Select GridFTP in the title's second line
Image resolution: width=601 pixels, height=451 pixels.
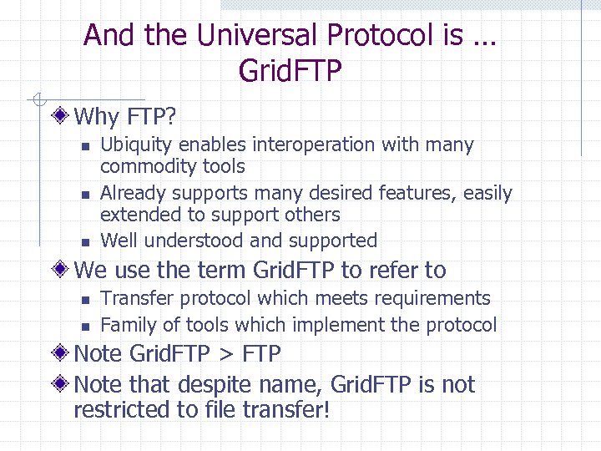(x=290, y=71)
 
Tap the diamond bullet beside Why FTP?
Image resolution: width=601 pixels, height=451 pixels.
(x=63, y=114)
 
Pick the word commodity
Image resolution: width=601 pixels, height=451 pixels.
(x=142, y=167)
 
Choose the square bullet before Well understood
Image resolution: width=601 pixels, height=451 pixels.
(x=84, y=242)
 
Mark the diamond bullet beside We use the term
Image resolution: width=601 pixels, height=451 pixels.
(x=63, y=271)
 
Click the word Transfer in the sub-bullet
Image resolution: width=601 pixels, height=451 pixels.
(x=133, y=299)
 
